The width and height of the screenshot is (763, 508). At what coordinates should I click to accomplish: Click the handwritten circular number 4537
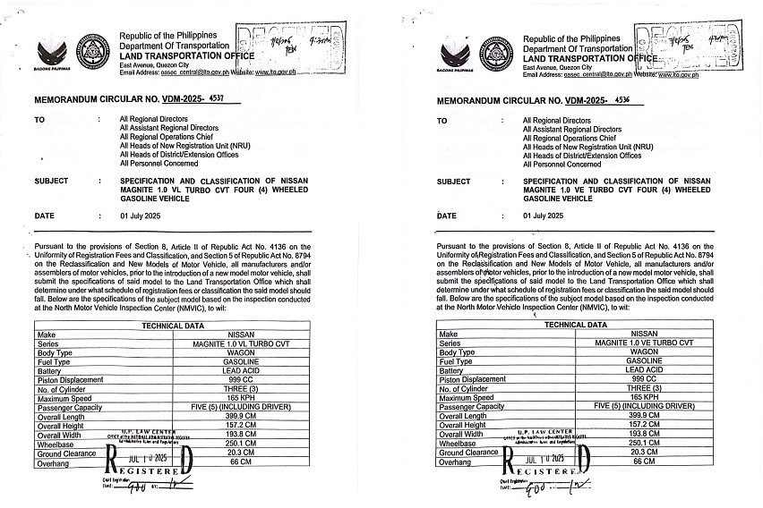tap(224, 101)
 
